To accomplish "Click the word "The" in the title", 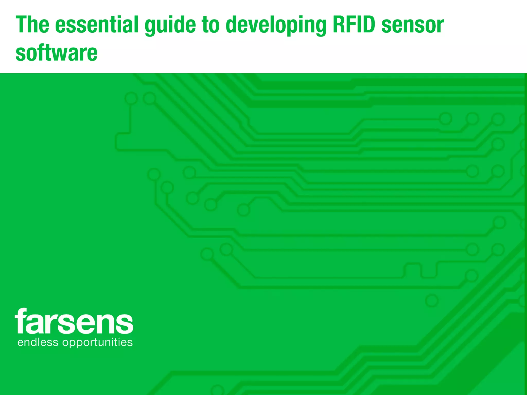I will click(x=32, y=25).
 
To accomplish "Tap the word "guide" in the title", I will click(x=170, y=26).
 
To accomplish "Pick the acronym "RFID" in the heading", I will click(x=354, y=25).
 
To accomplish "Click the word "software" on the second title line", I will click(x=57, y=53).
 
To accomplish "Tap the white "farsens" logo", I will click(x=74, y=321).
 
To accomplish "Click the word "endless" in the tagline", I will click(x=38, y=342).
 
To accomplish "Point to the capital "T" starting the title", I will click(x=22, y=25).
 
